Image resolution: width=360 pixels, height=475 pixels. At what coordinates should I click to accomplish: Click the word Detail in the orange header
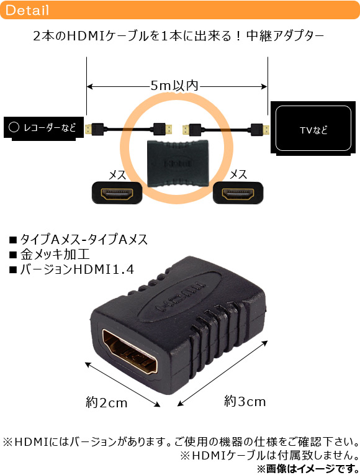tap(27, 11)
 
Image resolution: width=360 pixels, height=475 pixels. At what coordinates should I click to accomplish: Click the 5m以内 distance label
tap(174, 86)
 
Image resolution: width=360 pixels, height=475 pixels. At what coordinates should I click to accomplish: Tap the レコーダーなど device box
tap(43, 129)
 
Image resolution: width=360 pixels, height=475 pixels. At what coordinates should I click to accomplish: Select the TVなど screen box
tap(313, 128)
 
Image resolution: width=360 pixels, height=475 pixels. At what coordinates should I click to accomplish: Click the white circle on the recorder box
tap(14, 127)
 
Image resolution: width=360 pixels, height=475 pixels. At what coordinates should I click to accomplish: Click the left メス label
tap(117, 175)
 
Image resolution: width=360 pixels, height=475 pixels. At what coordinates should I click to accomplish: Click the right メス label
tap(238, 174)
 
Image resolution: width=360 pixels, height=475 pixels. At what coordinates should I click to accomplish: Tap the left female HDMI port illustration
tap(117, 192)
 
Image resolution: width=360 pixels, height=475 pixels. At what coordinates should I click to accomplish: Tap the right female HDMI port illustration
tap(238, 192)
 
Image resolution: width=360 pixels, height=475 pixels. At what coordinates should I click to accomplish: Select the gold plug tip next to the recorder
tap(88, 129)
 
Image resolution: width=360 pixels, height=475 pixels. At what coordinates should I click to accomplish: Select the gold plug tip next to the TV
tap(266, 130)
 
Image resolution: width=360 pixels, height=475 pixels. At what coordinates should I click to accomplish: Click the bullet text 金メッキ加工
tap(55, 254)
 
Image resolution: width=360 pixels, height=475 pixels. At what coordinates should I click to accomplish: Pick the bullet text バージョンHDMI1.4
tap(77, 269)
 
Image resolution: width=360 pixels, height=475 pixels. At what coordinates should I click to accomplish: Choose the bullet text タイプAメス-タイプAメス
tap(84, 239)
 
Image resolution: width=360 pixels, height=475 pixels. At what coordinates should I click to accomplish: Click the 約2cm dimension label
tap(107, 402)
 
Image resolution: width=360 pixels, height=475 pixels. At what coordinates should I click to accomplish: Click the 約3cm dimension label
tap(245, 401)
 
